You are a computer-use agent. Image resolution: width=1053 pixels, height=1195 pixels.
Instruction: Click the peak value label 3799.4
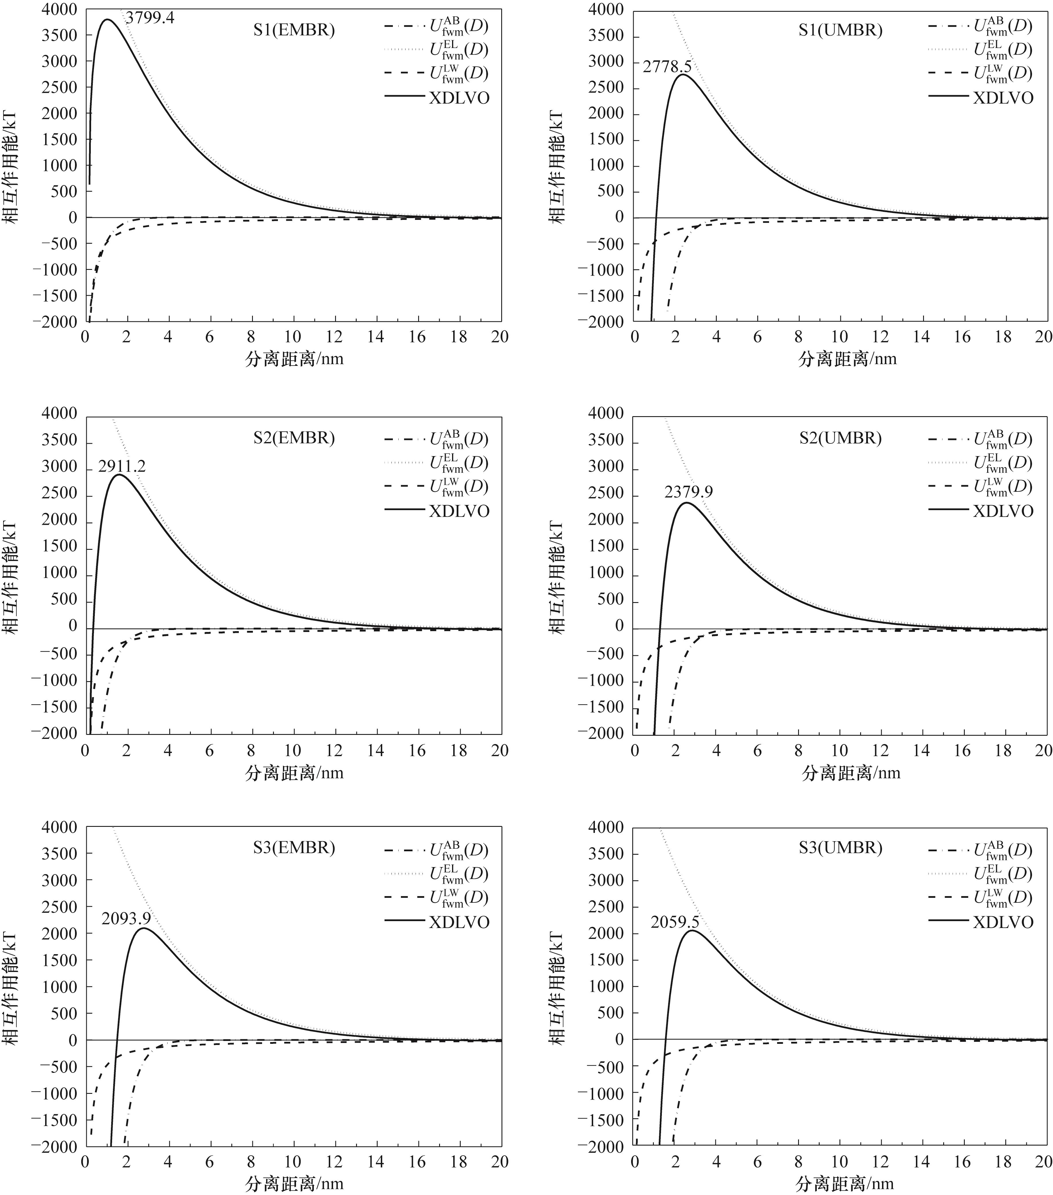tap(150, 18)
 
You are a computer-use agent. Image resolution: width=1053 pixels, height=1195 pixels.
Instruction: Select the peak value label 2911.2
tap(122, 466)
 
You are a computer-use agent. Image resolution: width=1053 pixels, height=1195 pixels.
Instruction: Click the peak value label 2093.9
tap(126, 919)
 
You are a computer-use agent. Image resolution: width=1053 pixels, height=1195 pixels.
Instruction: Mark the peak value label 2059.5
tap(675, 922)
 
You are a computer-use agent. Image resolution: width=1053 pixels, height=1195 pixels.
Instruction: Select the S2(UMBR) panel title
tap(840, 438)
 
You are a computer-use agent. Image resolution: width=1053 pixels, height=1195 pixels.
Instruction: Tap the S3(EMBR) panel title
tap(294, 848)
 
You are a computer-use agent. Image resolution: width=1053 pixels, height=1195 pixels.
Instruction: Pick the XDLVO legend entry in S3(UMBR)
tap(1003, 922)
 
